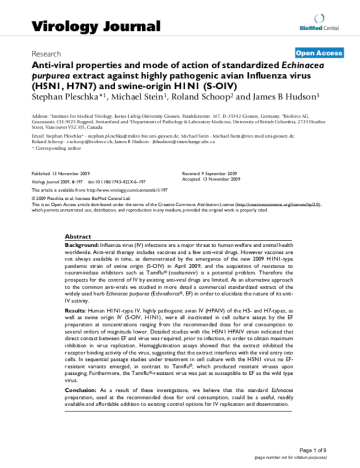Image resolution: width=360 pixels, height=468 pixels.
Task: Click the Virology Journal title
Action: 96,26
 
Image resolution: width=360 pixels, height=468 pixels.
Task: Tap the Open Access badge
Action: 319,53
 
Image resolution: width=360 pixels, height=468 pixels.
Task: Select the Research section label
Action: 46,54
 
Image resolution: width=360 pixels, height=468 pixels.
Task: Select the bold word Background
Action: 81,244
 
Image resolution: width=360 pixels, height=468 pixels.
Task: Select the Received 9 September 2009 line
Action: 209,173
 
